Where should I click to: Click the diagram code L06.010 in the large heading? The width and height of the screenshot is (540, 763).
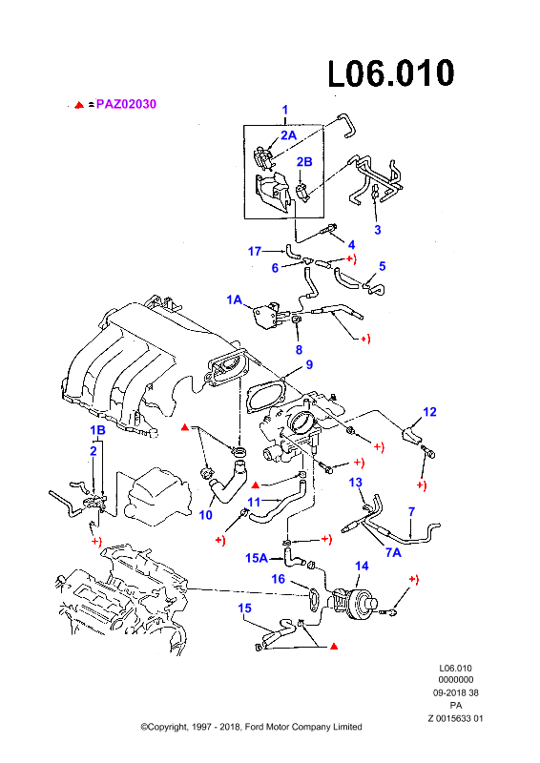coord(391,74)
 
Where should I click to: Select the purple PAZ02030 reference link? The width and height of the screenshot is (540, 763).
coord(126,104)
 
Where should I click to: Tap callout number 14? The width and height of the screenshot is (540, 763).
coord(362,566)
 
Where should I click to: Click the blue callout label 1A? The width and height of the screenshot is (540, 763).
coord(234,299)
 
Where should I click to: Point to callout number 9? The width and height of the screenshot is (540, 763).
coord(309,364)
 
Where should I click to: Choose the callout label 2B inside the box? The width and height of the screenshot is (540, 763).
coord(304,161)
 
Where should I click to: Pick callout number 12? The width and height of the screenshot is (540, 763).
coord(429,412)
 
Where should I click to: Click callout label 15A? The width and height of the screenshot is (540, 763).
coord(257,558)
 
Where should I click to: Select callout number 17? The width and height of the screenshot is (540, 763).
coord(255,251)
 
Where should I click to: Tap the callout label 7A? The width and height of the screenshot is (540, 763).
coord(393,552)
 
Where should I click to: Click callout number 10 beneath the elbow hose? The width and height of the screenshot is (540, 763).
coord(206,514)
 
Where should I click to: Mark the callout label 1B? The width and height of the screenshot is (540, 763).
coord(97,430)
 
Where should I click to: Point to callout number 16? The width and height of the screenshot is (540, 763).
coord(278,579)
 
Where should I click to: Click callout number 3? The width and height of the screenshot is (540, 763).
coord(378,230)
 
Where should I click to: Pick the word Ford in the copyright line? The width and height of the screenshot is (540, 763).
coord(254,727)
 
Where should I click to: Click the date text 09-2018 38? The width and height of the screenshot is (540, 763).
coord(456,692)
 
